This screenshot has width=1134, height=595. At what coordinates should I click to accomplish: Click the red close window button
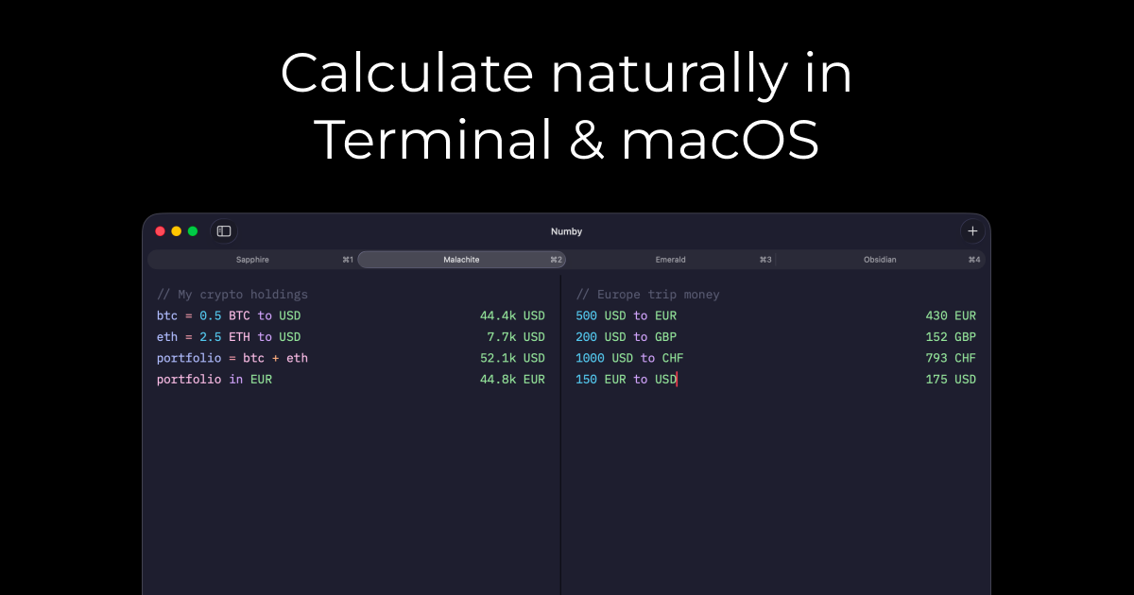point(160,231)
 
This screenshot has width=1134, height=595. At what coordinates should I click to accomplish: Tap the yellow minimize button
point(176,231)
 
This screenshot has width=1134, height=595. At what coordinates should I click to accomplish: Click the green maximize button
point(193,231)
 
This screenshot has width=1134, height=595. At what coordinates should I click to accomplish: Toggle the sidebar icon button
point(224,231)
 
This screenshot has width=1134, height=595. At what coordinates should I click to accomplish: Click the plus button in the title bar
point(972,231)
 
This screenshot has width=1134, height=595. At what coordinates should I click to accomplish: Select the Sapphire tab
point(252,260)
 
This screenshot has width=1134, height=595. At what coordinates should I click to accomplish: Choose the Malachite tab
point(462,260)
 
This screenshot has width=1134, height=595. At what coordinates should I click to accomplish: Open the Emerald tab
point(671,260)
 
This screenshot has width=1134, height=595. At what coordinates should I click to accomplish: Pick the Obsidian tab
point(880,260)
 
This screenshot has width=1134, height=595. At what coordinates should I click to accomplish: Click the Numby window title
point(566,231)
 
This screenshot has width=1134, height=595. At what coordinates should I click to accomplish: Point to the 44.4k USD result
point(512,315)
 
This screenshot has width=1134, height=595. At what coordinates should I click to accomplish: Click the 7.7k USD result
point(516,337)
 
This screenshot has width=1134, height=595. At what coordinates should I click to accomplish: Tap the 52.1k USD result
point(512,358)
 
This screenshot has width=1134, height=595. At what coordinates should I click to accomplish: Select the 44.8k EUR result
point(512,380)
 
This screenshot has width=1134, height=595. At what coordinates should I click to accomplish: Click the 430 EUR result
point(951,315)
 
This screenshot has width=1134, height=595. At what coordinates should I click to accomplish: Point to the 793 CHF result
point(951,358)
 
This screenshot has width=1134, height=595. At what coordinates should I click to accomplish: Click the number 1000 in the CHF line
point(590,358)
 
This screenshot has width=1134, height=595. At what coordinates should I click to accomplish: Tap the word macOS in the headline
point(720,139)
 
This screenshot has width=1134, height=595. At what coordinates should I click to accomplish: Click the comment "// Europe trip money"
point(647,295)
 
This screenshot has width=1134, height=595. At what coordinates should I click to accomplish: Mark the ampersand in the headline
point(587,139)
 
